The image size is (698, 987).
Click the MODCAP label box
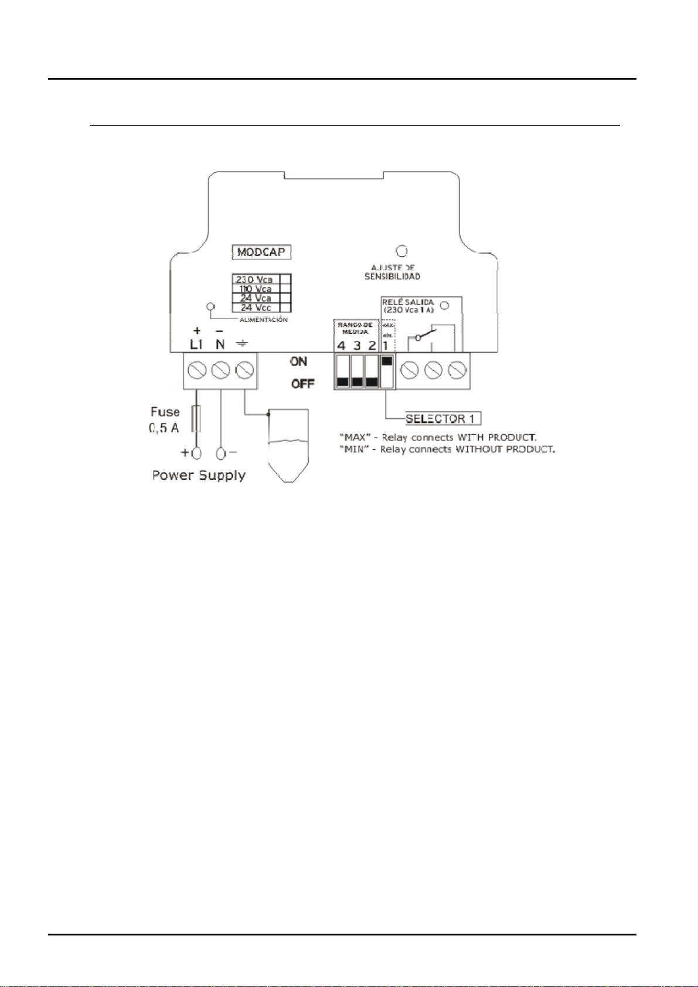pos(262,252)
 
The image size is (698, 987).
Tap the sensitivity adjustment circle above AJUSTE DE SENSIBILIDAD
pos(401,252)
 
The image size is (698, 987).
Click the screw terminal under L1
pos(196,370)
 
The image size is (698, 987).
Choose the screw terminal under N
pos(220,370)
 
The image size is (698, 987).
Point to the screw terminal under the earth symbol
pos(244,370)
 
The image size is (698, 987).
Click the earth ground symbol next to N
pos(241,345)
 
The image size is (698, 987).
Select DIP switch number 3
pos(357,371)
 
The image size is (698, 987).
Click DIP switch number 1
pos(386,371)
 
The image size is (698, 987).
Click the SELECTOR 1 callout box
pos(443,418)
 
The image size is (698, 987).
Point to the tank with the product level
pos(287,445)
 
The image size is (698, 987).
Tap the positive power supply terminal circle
pos(196,453)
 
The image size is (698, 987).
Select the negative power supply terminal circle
pos(221,453)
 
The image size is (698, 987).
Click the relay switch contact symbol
pos(423,335)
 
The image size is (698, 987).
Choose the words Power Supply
pos(199,475)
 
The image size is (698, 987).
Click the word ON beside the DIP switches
pos(299,361)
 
